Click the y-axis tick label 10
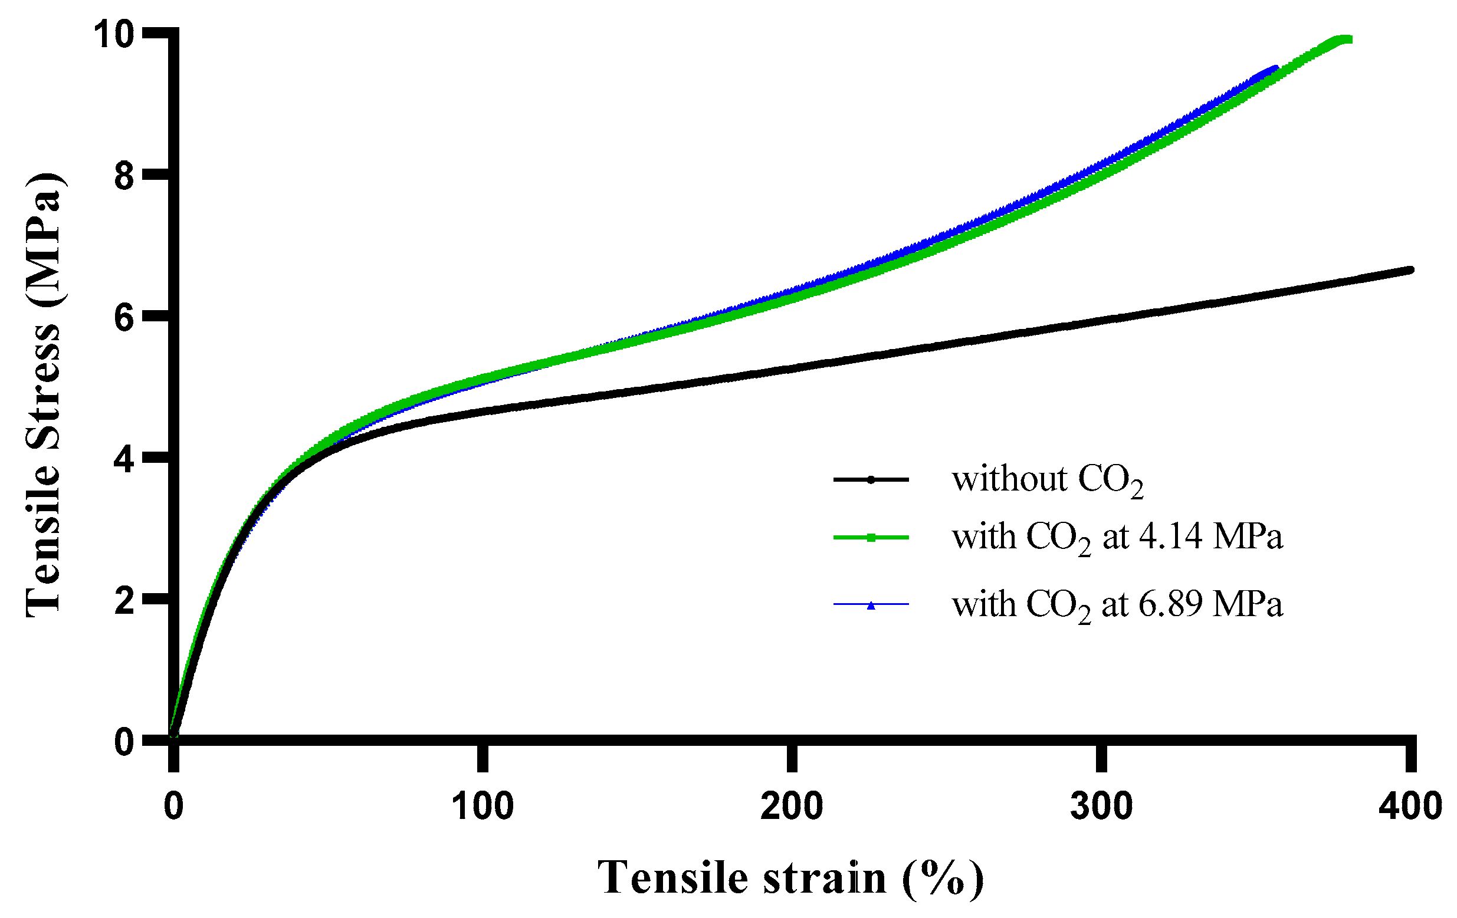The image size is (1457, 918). (x=113, y=34)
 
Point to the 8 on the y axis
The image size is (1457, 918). (x=124, y=177)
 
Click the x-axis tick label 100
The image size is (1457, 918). (x=483, y=807)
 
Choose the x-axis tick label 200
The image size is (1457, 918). (x=792, y=807)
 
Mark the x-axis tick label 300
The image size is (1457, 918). (x=1101, y=807)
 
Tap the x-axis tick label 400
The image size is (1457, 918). (x=1410, y=807)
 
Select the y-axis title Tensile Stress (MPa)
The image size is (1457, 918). (x=44, y=394)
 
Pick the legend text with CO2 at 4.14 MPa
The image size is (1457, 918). (x=1117, y=538)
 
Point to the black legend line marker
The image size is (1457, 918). (x=871, y=479)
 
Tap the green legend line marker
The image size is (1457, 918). (x=871, y=537)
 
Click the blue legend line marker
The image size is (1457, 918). (x=871, y=604)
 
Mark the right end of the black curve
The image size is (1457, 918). (x=1410, y=269)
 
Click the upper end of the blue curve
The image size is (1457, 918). (x=1275, y=69)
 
